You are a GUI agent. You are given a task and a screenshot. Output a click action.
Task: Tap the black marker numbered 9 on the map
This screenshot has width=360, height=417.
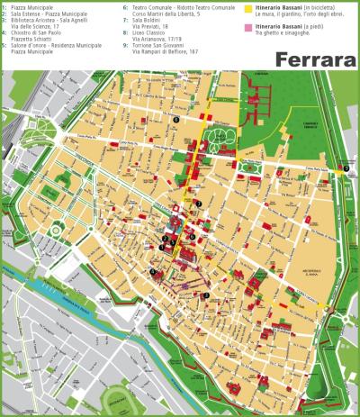[346, 168]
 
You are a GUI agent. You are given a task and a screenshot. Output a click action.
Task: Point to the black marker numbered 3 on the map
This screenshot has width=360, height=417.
[206, 295]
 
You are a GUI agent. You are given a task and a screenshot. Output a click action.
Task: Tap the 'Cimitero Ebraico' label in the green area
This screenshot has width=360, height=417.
[310, 129]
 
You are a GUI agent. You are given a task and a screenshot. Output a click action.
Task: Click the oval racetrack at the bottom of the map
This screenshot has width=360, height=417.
[117, 401]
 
